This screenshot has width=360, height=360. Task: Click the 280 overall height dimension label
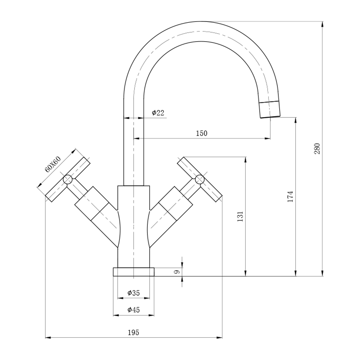click(x=317, y=148)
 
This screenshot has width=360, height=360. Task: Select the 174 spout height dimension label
click(x=290, y=196)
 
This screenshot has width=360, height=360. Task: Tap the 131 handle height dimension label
click(x=240, y=216)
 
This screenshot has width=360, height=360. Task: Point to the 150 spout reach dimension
click(x=202, y=133)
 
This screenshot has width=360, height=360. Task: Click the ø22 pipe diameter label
click(x=158, y=113)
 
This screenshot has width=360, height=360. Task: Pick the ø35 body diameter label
click(x=133, y=293)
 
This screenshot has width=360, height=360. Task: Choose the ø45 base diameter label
click(x=133, y=310)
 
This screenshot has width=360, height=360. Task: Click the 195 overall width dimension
click(x=133, y=332)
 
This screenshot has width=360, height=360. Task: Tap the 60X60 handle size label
click(x=53, y=164)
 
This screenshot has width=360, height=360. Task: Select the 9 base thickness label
click(x=177, y=272)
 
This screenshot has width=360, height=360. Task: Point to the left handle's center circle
click(x=67, y=180)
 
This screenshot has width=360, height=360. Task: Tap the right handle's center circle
click(x=199, y=180)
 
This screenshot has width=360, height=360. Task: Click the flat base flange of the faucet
click(x=133, y=272)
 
